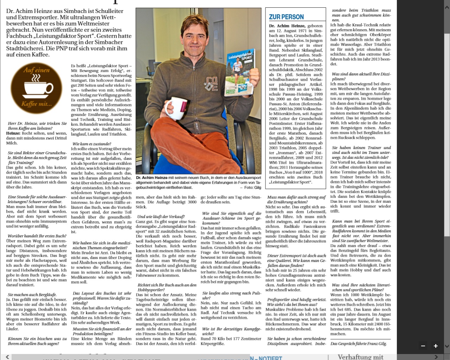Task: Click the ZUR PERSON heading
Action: [286, 17]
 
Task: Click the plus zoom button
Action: [436, 346]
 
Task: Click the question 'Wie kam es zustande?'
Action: [91, 144]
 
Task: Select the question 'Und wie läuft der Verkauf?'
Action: [161, 217]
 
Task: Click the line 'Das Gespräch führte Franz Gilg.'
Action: [358, 343]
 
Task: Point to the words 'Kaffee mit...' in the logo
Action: [36, 104]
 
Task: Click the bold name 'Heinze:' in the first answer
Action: [13, 133]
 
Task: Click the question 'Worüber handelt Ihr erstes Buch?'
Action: [37, 236]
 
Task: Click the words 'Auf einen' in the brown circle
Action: [36, 70]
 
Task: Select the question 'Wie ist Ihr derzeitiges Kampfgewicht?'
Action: [231, 332]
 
